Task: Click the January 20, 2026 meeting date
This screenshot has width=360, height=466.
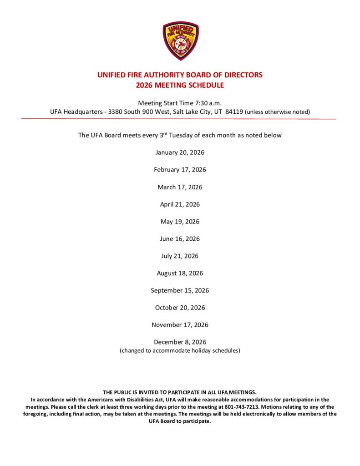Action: point(180,152)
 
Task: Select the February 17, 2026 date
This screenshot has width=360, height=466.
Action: point(180,170)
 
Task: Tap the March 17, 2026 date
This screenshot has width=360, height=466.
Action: point(180,187)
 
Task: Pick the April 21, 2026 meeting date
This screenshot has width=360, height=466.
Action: point(180,204)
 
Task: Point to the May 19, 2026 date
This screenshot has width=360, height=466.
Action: point(180,222)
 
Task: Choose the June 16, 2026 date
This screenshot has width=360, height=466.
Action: point(180,238)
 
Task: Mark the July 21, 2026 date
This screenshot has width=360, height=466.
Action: point(180,256)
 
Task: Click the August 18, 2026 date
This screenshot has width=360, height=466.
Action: point(180,273)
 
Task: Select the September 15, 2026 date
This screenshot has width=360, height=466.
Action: point(180,290)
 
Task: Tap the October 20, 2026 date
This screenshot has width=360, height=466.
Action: point(180,308)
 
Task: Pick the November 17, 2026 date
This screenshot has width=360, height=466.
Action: point(180,325)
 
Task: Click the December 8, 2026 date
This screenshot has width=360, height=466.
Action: point(180,342)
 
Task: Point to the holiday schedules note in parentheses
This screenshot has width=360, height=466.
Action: point(180,350)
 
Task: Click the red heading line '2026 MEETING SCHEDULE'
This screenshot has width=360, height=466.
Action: point(180,85)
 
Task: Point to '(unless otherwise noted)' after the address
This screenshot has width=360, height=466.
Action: point(277,112)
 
